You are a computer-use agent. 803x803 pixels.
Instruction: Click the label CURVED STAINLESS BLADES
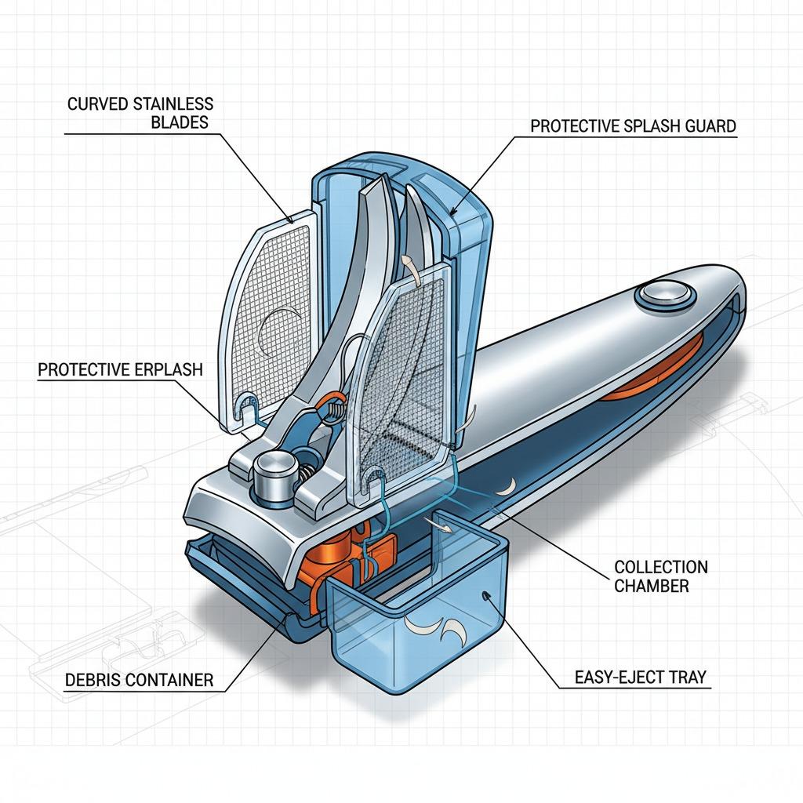point(140,113)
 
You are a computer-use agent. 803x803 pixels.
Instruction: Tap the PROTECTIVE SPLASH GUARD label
point(634,126)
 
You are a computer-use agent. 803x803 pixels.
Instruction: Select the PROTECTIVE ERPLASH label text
point(120,369)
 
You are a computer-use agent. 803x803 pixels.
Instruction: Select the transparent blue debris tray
point(416,620)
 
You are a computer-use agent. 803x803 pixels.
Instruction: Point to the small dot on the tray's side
point(486,596)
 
